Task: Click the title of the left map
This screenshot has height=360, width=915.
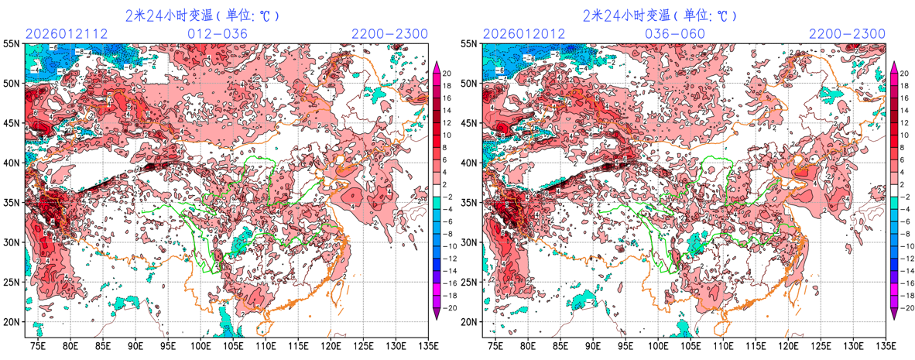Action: tap(202, 15)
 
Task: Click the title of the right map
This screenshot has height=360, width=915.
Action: tap(660, 15)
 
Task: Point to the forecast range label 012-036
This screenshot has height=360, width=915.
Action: tap(218, 34)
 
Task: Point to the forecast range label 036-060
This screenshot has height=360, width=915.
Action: tap(675, 34)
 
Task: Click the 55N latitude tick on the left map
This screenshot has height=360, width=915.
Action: tap(12, 44)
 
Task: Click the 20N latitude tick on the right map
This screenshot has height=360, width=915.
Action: tap(469, 322)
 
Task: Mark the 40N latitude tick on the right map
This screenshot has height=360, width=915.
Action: tap(469, 163)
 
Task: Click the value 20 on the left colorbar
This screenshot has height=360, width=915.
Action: tap(448, 72)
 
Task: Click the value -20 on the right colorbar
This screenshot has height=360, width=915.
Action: tap(907, 307)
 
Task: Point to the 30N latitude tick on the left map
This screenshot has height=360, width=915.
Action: tap(12, 242)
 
